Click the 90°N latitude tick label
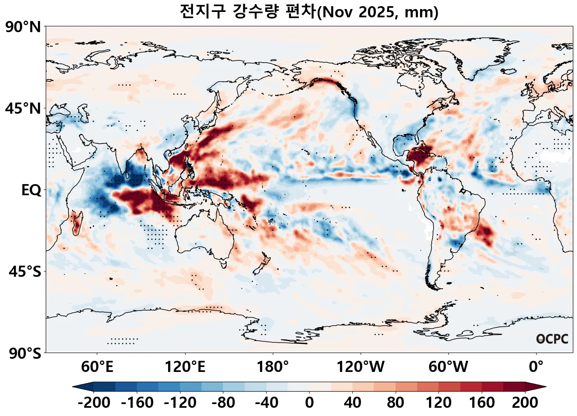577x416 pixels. (x=23, y=28)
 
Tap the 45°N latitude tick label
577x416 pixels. (x=23, y=109)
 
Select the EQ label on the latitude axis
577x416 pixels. (x=31, y=190)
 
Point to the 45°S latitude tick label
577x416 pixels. (x=25, y=272)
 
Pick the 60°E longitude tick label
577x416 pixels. (x=97, y=366)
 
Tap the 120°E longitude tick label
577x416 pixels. (x=185, y=366)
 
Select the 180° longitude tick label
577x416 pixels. (x=272, y=366)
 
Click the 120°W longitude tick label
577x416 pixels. (x=361, y=366)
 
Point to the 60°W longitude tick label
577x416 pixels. (x=448, y=366)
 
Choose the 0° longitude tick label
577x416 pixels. (x=536, y=366)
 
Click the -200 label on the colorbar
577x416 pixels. (x=94, y=402)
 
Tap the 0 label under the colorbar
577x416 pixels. (x=310, y=402)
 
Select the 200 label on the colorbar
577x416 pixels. (x=525, y=402)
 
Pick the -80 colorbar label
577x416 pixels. (x=223, y=402)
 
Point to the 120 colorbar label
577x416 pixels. (x=439, y=402)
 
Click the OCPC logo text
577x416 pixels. (x=552, y=339)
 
